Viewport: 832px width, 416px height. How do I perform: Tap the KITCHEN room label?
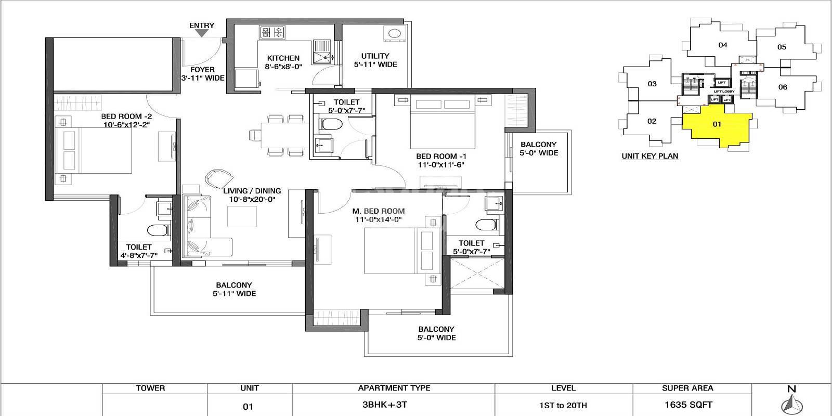tap(283, 58)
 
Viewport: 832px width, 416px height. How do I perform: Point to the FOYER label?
tap(202, 70)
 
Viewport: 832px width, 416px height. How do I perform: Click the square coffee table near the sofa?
tap(242, 216)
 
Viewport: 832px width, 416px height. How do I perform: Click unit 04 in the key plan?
tap(722, 45)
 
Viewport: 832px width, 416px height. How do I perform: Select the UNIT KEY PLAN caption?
tap(649, 156)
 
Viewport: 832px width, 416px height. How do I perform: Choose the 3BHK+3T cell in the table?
tap(394, 405)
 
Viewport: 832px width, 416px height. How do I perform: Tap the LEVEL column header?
tap(563, 388)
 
